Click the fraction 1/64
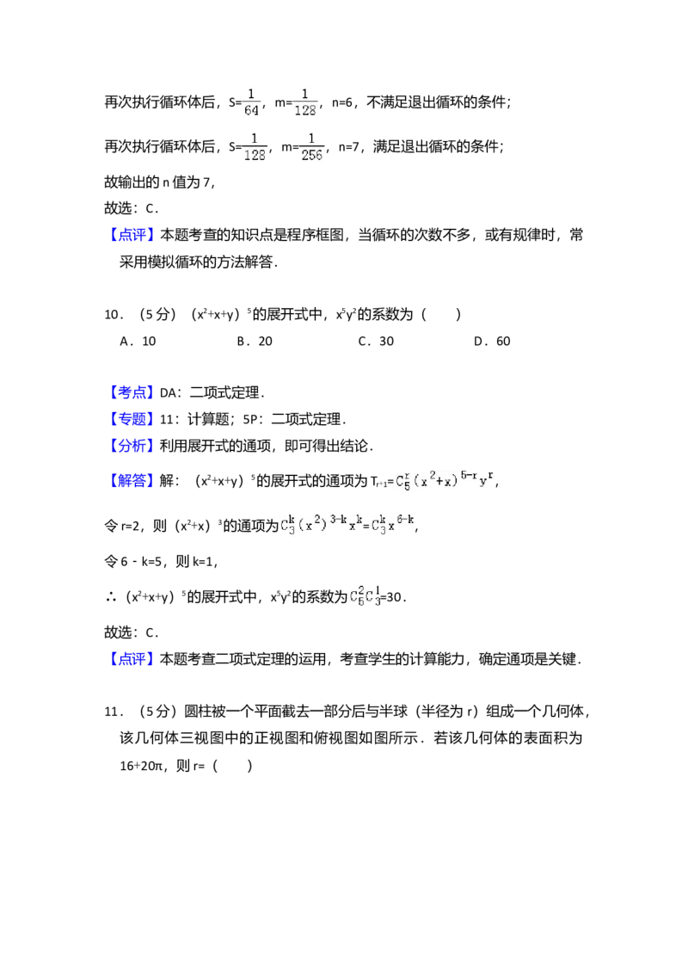[252, 101]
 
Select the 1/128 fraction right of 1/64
[305, 101]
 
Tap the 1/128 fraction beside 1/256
[255, 145]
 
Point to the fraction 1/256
[312, 145]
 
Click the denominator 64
[252, 110]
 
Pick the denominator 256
[312, 155]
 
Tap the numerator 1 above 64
[252, 92]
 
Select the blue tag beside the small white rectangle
[133, 391]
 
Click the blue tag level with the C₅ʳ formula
[133, 480]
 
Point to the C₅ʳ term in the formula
[402, 483]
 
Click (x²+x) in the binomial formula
[436, 483]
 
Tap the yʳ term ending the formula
[486, 480]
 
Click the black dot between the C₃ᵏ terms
[365, 527]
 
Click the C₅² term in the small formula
[356, 595]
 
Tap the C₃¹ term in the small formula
[373, 595]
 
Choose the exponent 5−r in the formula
[466, 475]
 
